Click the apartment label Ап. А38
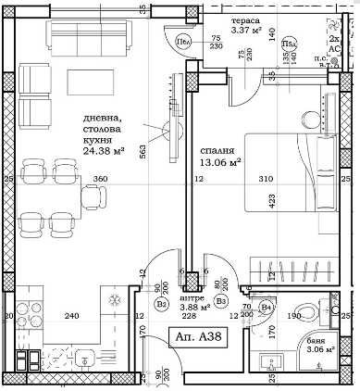pos(197,338)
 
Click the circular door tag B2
pos(161,302)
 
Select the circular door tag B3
pos(221,300)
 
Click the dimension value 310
pos(293,179)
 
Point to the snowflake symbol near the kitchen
pos(115,302)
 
